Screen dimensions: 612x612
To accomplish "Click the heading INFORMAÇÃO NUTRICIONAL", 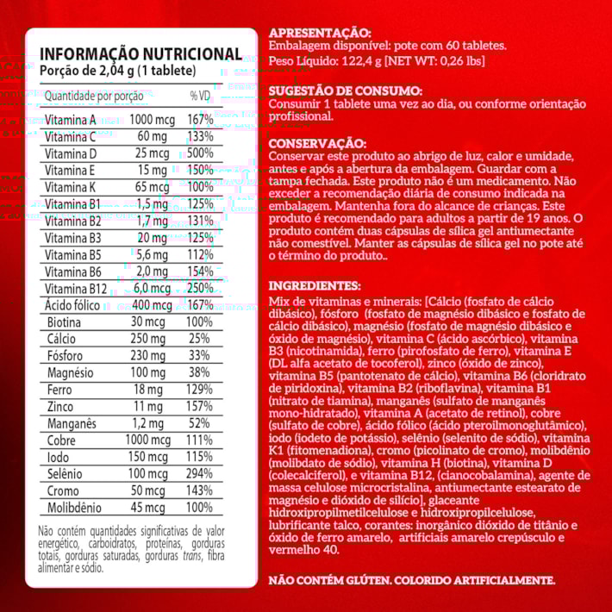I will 141,54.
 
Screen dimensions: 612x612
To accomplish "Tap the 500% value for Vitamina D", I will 200,153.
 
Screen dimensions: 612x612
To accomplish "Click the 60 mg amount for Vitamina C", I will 150,137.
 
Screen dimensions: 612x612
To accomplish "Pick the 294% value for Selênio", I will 200,474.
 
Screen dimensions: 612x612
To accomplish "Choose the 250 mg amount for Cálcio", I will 150,339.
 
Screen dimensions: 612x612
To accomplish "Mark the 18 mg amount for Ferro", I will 150,390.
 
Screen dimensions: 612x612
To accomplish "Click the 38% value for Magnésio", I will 200,372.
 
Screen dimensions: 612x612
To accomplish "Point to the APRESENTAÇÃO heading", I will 321,32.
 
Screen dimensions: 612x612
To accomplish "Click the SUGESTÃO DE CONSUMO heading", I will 346,90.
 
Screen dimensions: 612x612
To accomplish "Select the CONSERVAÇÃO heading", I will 317,143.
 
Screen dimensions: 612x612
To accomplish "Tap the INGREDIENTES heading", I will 314,284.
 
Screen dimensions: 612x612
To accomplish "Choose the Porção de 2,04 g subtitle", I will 118,71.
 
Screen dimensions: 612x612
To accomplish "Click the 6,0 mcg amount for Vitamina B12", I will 150,289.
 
